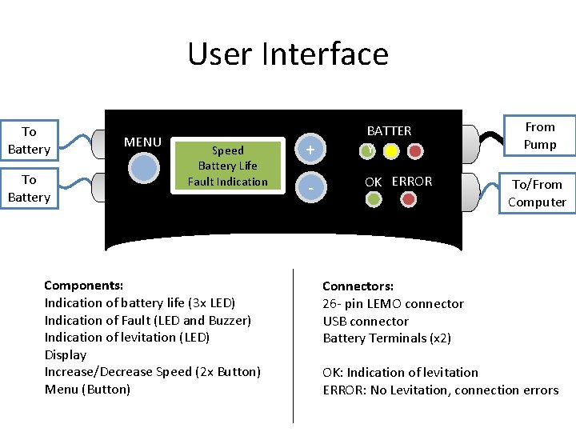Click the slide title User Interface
(x=288, y=54)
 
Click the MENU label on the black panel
(x=143, y=142)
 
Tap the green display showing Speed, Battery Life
(x=228, y=166)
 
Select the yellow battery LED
(x=391, y=150)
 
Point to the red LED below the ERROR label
(x=409, y=199)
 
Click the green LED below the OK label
(x=373, y=199)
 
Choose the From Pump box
(x=539, y=136)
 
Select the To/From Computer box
(x=537, y=193)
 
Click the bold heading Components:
(x=83, y=286)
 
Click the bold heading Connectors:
(x=358, y=286)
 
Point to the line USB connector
(x=366, y=321)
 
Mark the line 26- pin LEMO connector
(x=393, y=304)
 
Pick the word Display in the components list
(x=66, y=354)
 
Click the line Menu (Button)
(x=87, y=390)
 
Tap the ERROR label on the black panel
(x=412, y=182)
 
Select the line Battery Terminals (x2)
(x=386, y=338)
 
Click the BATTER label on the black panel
(x=389, y=130)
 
